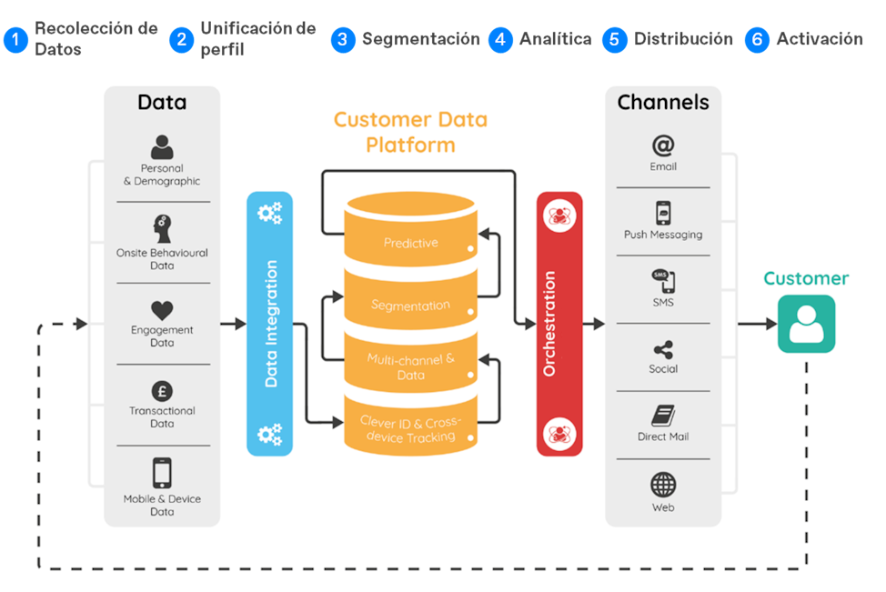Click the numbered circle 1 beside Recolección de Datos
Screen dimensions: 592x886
pos(15,40)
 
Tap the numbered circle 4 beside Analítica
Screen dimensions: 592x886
pos(499,40)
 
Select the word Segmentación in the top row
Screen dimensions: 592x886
pos(420,39)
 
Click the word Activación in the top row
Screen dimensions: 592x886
pos(819,39)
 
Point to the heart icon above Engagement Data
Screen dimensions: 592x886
pos(162,311)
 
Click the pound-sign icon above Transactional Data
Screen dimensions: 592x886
pos(162,392)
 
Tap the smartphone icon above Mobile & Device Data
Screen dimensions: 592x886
pos(162,473)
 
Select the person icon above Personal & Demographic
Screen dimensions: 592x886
pos(162,146)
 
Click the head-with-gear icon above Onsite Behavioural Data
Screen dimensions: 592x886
pos(162,228)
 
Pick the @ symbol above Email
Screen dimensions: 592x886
pos(663,145)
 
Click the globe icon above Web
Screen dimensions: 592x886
pos(663,485)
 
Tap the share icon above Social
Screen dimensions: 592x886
pos(663,349)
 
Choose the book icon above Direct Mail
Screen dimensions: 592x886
pos(663,416)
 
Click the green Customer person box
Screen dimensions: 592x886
pos(806,323)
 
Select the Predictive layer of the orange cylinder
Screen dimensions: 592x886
pos(410,243)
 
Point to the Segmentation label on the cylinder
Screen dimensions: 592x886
pos(410,306)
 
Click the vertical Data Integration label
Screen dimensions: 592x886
pos(271,324)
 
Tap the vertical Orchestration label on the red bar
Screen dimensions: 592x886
pos(549,323)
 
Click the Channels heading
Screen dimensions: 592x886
pos(663,102)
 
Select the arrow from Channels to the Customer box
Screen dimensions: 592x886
pos(755,323)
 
